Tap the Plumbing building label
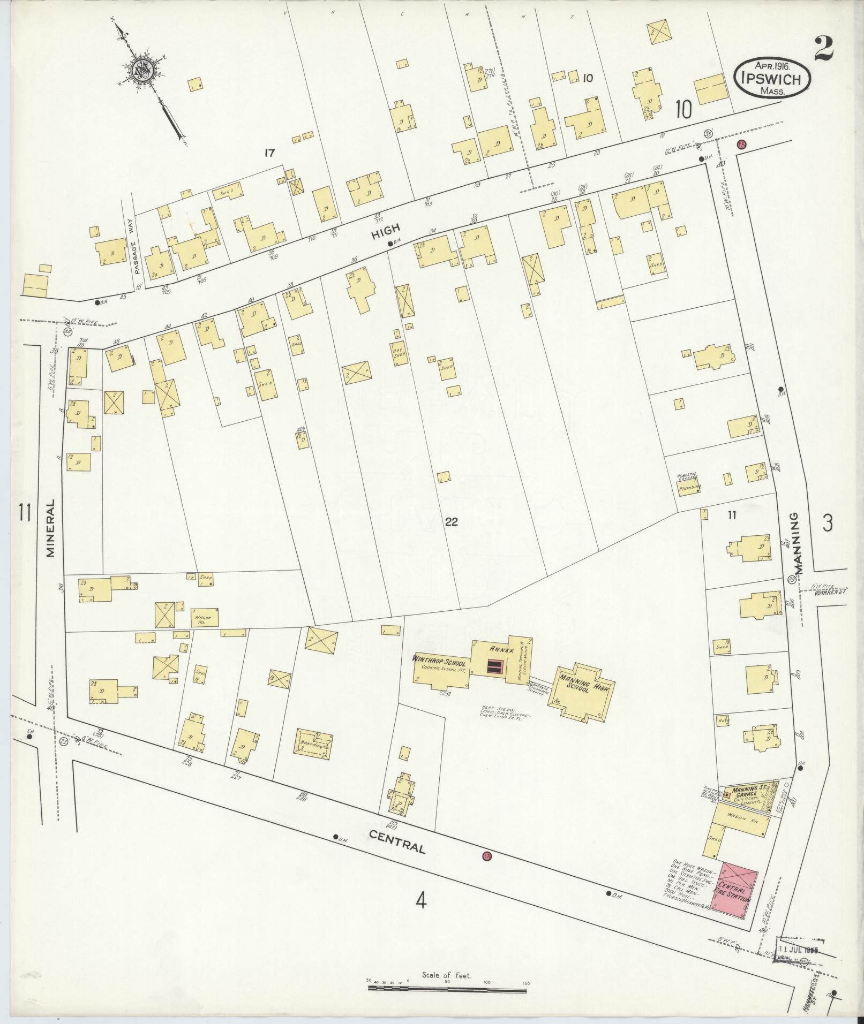point(690,488)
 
